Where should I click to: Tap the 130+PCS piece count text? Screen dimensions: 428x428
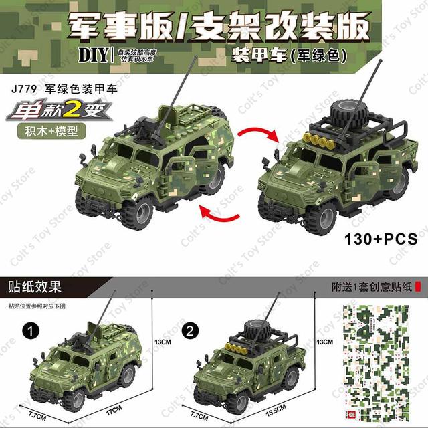click(x=379, y=237)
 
